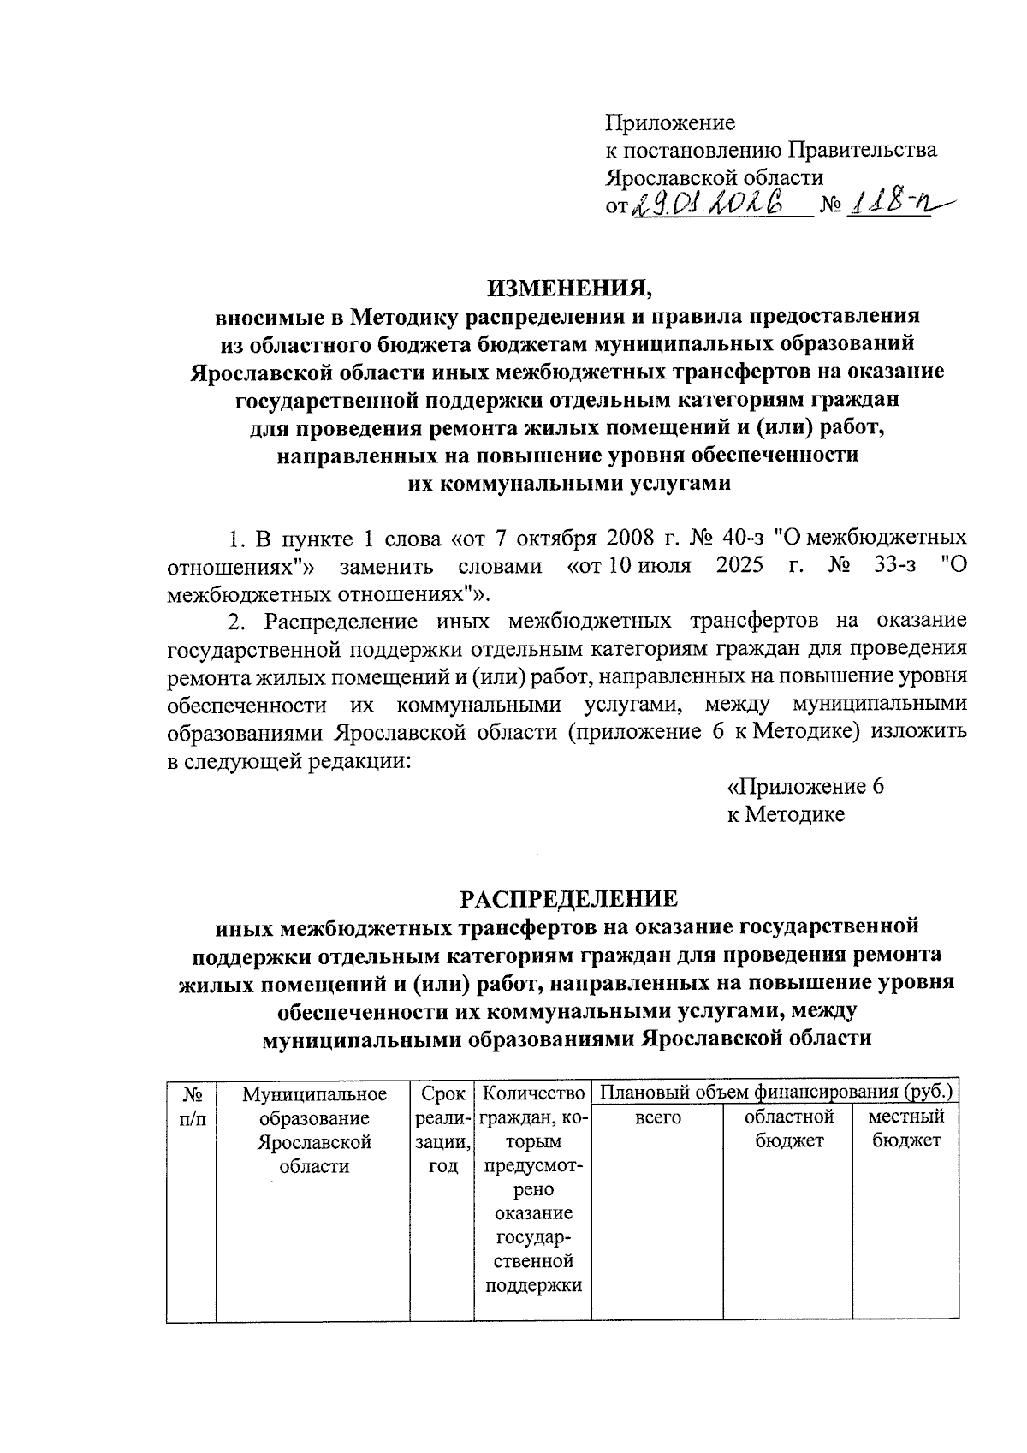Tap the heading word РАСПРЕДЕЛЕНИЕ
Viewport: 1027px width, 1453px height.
click(x=569, y=898)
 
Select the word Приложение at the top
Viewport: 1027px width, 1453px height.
click(x=670, y=122)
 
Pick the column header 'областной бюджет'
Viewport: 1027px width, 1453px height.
click(x=788, y=1128)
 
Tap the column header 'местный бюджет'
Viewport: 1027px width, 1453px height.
click(x=905, y=1128)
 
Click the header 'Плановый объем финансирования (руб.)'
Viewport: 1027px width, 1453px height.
click(x=775, y=1093)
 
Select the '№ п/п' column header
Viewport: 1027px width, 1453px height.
click(x=192, y=1105)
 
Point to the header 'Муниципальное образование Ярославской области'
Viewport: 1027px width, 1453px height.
click(x=314, y=1129)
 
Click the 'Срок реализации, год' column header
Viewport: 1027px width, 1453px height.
click(x=442, y=1129)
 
